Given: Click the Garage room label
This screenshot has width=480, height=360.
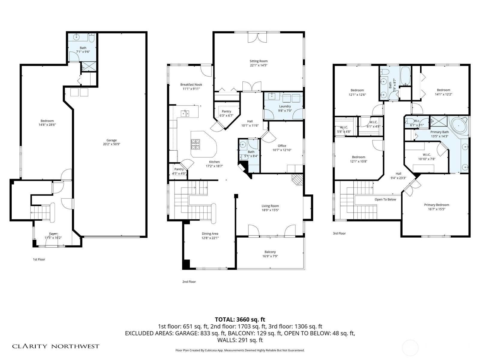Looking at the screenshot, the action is pyautogui.click(x=112, y=140).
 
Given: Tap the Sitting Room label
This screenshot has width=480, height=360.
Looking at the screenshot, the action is pyautogui.click(x=259, y=61).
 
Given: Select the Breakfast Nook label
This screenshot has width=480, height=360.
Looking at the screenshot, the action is pyautogui.click(x=191, y=85).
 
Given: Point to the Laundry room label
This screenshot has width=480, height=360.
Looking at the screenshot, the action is pyautogui.click(x=285, y=106).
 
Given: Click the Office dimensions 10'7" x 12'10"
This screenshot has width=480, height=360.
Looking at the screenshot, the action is pyautogui.click(x=282, y=150).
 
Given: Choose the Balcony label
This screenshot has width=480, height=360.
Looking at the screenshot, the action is pyautogui.click(x=270, y=252).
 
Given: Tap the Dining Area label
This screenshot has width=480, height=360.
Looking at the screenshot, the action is pyautogui.click(x=210, y=234).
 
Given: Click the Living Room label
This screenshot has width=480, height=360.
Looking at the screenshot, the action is pyautogui.click(x=270, y=206).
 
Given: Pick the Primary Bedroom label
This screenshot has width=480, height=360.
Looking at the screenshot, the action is pyautogui.click(x=437, y=205).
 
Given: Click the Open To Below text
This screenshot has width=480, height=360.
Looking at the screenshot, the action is pyautogui.click(x=385, y=199).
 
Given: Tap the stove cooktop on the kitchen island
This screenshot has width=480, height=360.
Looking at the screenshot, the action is pyautogui.click(x=196, y=144).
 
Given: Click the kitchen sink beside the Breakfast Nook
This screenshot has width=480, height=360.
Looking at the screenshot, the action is pyautogui.click(x=185, y=114).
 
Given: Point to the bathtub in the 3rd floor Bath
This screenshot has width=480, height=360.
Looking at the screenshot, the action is pyautogui.click(x=405, y=76).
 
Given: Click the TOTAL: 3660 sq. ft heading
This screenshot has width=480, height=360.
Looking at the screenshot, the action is pyautogui.click(x=240, y=319).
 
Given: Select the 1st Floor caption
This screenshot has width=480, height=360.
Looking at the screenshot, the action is pyautogui.click(x=39, y=259).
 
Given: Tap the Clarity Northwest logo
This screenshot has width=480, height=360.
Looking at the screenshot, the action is pyautogui.click(x=55, y=346).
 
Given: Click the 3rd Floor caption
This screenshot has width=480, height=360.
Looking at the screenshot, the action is pyautogui.click(x=339, y=233).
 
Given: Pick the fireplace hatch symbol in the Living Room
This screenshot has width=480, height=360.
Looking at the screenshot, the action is pyautogui.click(x=297, y=180).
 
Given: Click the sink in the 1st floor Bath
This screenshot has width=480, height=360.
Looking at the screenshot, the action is pyautogui.click(x=76, y=37).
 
